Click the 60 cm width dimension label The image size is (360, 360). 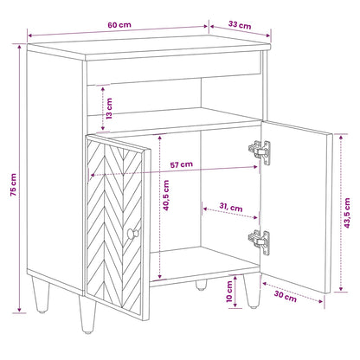(119, 25)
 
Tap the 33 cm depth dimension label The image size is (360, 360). (240, 25)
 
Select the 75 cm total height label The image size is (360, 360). (13, 185)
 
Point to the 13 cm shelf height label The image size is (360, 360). (109, 108)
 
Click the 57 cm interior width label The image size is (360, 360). (182, 164)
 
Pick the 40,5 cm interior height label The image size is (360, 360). (166, 196)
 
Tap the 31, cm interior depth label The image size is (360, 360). (231, 207)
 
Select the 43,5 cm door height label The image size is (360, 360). (347, 213)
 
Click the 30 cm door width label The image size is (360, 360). (286, 296)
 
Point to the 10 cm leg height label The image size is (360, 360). (229, 292)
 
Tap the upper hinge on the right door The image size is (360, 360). (260, 152)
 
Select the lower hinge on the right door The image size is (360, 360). (260, 242)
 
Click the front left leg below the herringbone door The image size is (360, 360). (87, 315)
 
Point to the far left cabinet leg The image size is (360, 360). (41, 295)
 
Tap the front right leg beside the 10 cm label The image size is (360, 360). (252, 291)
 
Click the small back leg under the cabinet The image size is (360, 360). (201, 285)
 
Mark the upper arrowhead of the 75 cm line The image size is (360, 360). (19, 47)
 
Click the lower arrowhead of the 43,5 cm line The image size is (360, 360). (341, 288)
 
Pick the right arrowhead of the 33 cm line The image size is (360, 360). (268, 35)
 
